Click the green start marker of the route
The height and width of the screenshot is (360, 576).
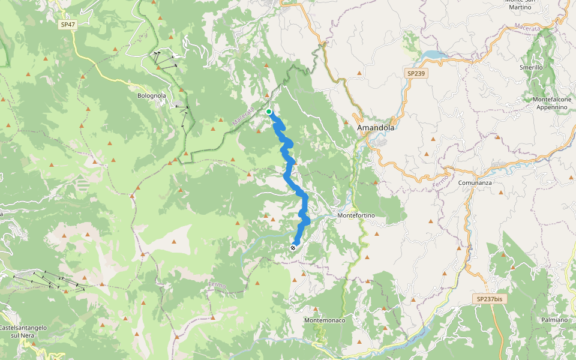269,112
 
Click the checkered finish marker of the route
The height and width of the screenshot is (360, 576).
293,247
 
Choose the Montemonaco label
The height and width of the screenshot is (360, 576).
325,320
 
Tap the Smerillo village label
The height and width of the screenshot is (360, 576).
531,68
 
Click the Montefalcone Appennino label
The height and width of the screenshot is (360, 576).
549,103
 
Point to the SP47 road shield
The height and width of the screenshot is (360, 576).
67,25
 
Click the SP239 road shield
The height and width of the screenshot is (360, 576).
416,73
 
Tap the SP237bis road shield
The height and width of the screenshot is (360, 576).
489,299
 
